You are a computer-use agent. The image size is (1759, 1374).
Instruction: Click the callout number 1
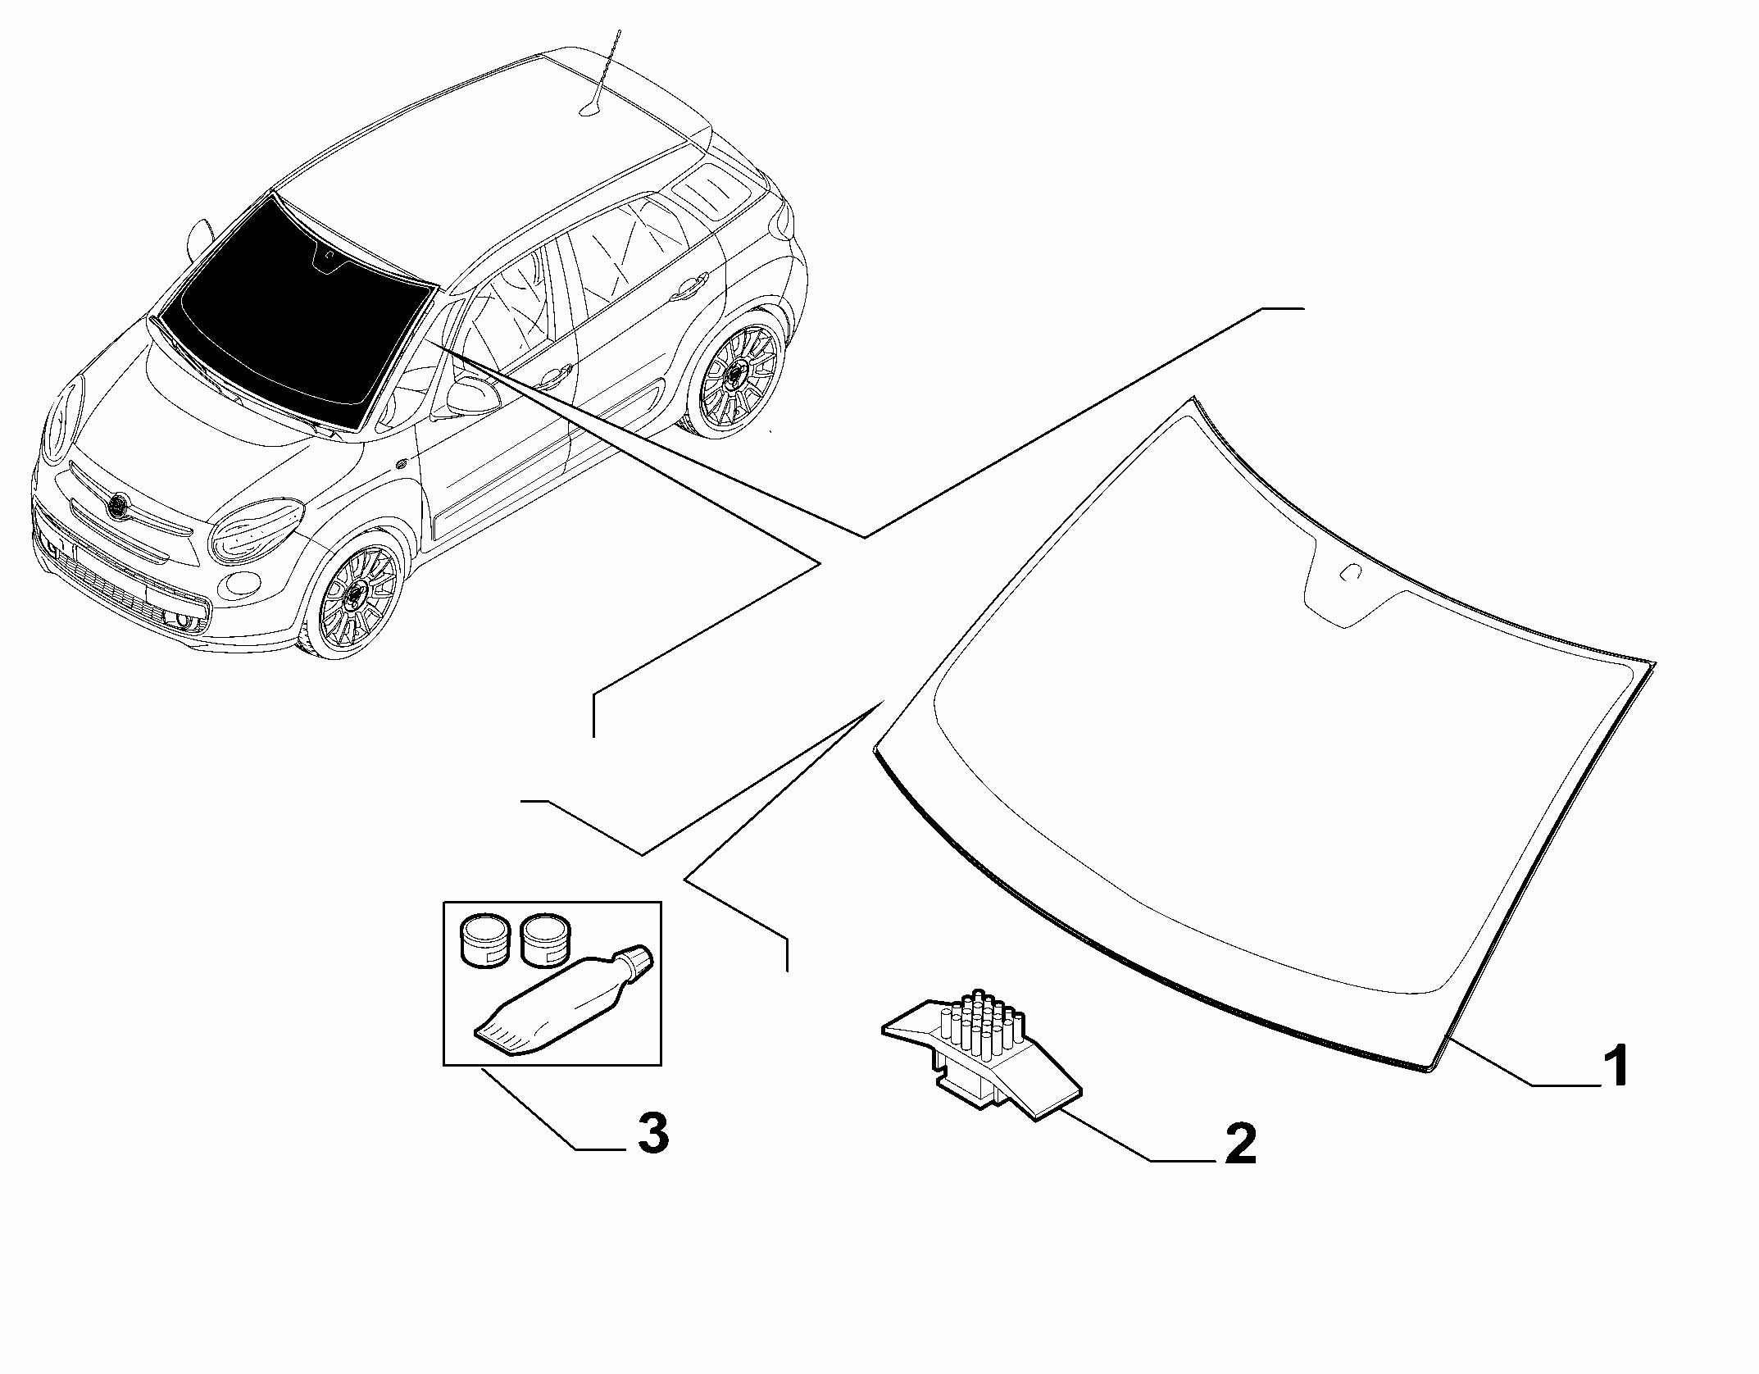[1615, 1066]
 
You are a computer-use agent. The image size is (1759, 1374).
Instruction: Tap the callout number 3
[652, 1134]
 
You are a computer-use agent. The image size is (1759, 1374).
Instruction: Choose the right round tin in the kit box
[543, 940]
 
